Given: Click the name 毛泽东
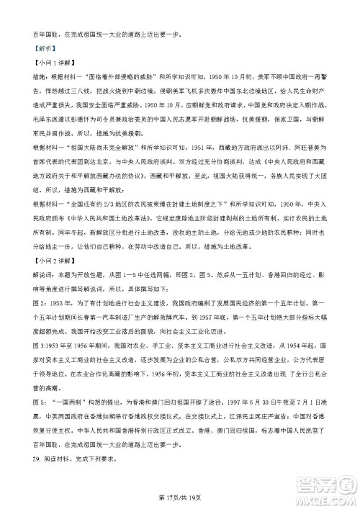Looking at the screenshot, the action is pyautogui.click(x=45, y=135).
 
